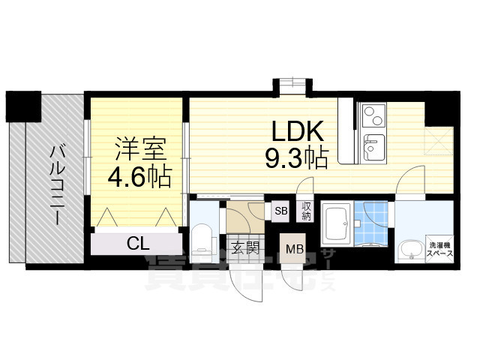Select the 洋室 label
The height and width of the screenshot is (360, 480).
[139, 148]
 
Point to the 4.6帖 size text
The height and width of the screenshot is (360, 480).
[140, 177]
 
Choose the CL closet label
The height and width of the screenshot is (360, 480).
[136, 244]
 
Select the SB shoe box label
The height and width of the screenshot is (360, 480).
[280, 210]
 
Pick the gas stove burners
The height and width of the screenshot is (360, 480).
[372, 115]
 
